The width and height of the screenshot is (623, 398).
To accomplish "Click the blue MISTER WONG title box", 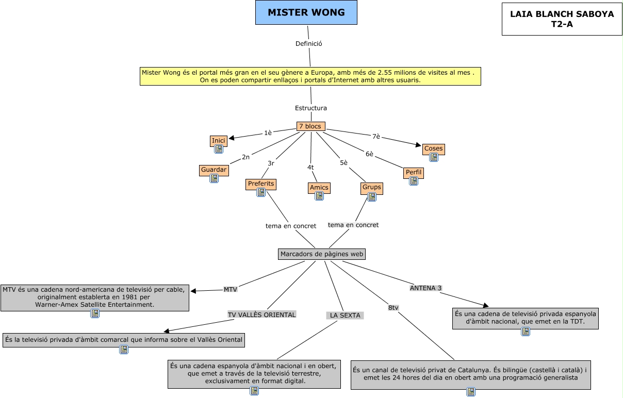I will tap(306, 13).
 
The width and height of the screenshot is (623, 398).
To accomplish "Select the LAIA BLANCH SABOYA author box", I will tap(562, 19).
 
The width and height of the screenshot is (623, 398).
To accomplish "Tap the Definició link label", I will tap(308, 44).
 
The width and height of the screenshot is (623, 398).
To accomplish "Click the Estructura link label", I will tap(310, 108).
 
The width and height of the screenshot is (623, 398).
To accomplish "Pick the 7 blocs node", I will tap(310, 126).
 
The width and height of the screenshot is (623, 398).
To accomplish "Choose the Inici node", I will tap(219, 141).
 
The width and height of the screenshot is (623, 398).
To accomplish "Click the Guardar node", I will tap(214, 170).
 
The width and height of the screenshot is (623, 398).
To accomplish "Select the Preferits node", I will tap(261, 184).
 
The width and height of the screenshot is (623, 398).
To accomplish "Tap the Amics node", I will tap(319, 188).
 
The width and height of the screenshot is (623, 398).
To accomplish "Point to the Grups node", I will tap(371, 188).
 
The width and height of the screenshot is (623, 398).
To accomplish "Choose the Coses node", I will tap(433, 149).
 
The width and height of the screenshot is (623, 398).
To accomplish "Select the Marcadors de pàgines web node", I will tap(322, 254).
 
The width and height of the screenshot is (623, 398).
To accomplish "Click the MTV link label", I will tap(230, 289).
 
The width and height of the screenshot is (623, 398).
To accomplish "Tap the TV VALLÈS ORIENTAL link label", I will tap(262, 314).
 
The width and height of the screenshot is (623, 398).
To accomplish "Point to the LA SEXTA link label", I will tap(345, 316).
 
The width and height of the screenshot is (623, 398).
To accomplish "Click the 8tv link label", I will tap(393, 308).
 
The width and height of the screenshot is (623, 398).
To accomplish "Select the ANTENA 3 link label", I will tap(425, 288).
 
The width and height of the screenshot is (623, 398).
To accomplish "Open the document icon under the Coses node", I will tap(433, 157).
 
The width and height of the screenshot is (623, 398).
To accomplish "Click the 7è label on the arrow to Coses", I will tap(376, 137).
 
